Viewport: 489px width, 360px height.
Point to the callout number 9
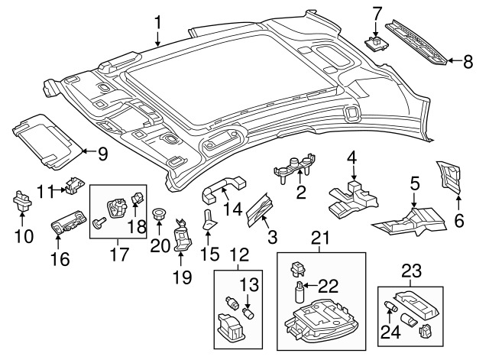(x=102, y=153)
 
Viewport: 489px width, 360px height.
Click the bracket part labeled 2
(x=295, y=167)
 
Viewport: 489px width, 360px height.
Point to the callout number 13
(x=248, y=286)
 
